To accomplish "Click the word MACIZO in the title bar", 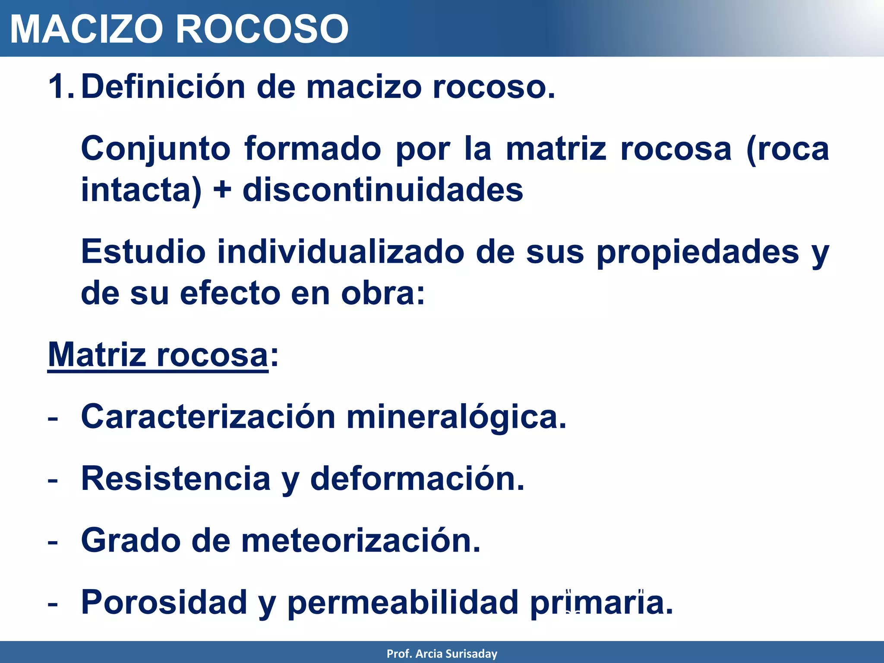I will coord(86,29).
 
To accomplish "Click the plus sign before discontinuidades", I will coord(222,190).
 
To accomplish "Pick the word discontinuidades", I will coord(383,190).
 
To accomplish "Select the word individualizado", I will coord(341,252).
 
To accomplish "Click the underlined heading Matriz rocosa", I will coord(158,355).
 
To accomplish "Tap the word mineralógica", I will coord(456,417).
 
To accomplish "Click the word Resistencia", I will coord(176,479).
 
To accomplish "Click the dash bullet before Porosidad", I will coord(53,603).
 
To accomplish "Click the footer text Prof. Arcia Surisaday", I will coord(442,654).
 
